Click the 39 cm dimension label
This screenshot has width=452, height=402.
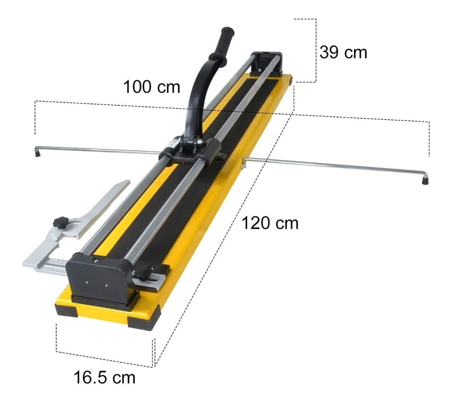(x=343, y=52)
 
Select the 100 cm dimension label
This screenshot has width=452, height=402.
(x=151, y=87)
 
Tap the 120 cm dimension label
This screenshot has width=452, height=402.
(x=270, y=223)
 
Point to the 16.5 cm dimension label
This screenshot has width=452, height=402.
(x=104, y=377)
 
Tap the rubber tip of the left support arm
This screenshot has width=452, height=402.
(x=37, y=153)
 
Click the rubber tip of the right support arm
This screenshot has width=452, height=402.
(x=425, y=180)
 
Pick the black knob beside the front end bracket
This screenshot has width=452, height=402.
(x=142, y=272)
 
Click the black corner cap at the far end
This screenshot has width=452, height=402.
(x=290, y=80)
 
